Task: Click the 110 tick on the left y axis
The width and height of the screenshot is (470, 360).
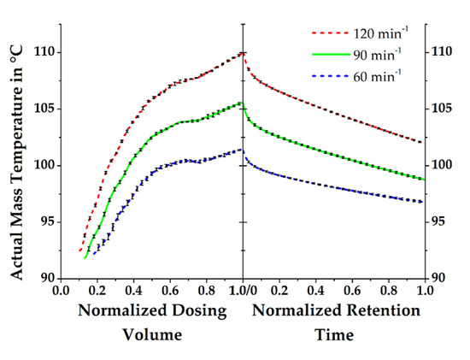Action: click(43, 52)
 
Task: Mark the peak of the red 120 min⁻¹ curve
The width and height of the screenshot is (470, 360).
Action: click(243, 52)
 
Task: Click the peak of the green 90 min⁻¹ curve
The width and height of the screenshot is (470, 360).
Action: click(243, 103)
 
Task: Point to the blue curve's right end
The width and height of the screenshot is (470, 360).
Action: click(422, 202)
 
